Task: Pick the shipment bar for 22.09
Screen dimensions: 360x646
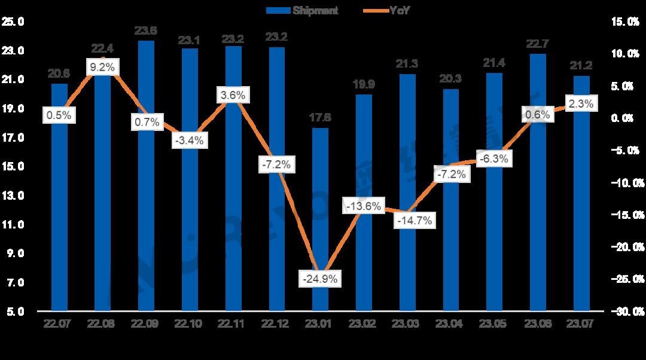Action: click(146, 179)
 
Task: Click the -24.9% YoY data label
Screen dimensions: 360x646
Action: click(321, 279)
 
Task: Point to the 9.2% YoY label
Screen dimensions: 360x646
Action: click(102, 67)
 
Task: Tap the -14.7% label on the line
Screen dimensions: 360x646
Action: click(413, 220)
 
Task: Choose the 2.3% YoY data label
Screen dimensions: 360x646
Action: click(581, 103)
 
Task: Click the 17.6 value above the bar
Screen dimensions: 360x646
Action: click(321, 118)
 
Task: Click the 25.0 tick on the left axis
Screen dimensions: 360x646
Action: click(14, 22)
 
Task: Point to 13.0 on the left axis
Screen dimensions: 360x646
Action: click(14, 196)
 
